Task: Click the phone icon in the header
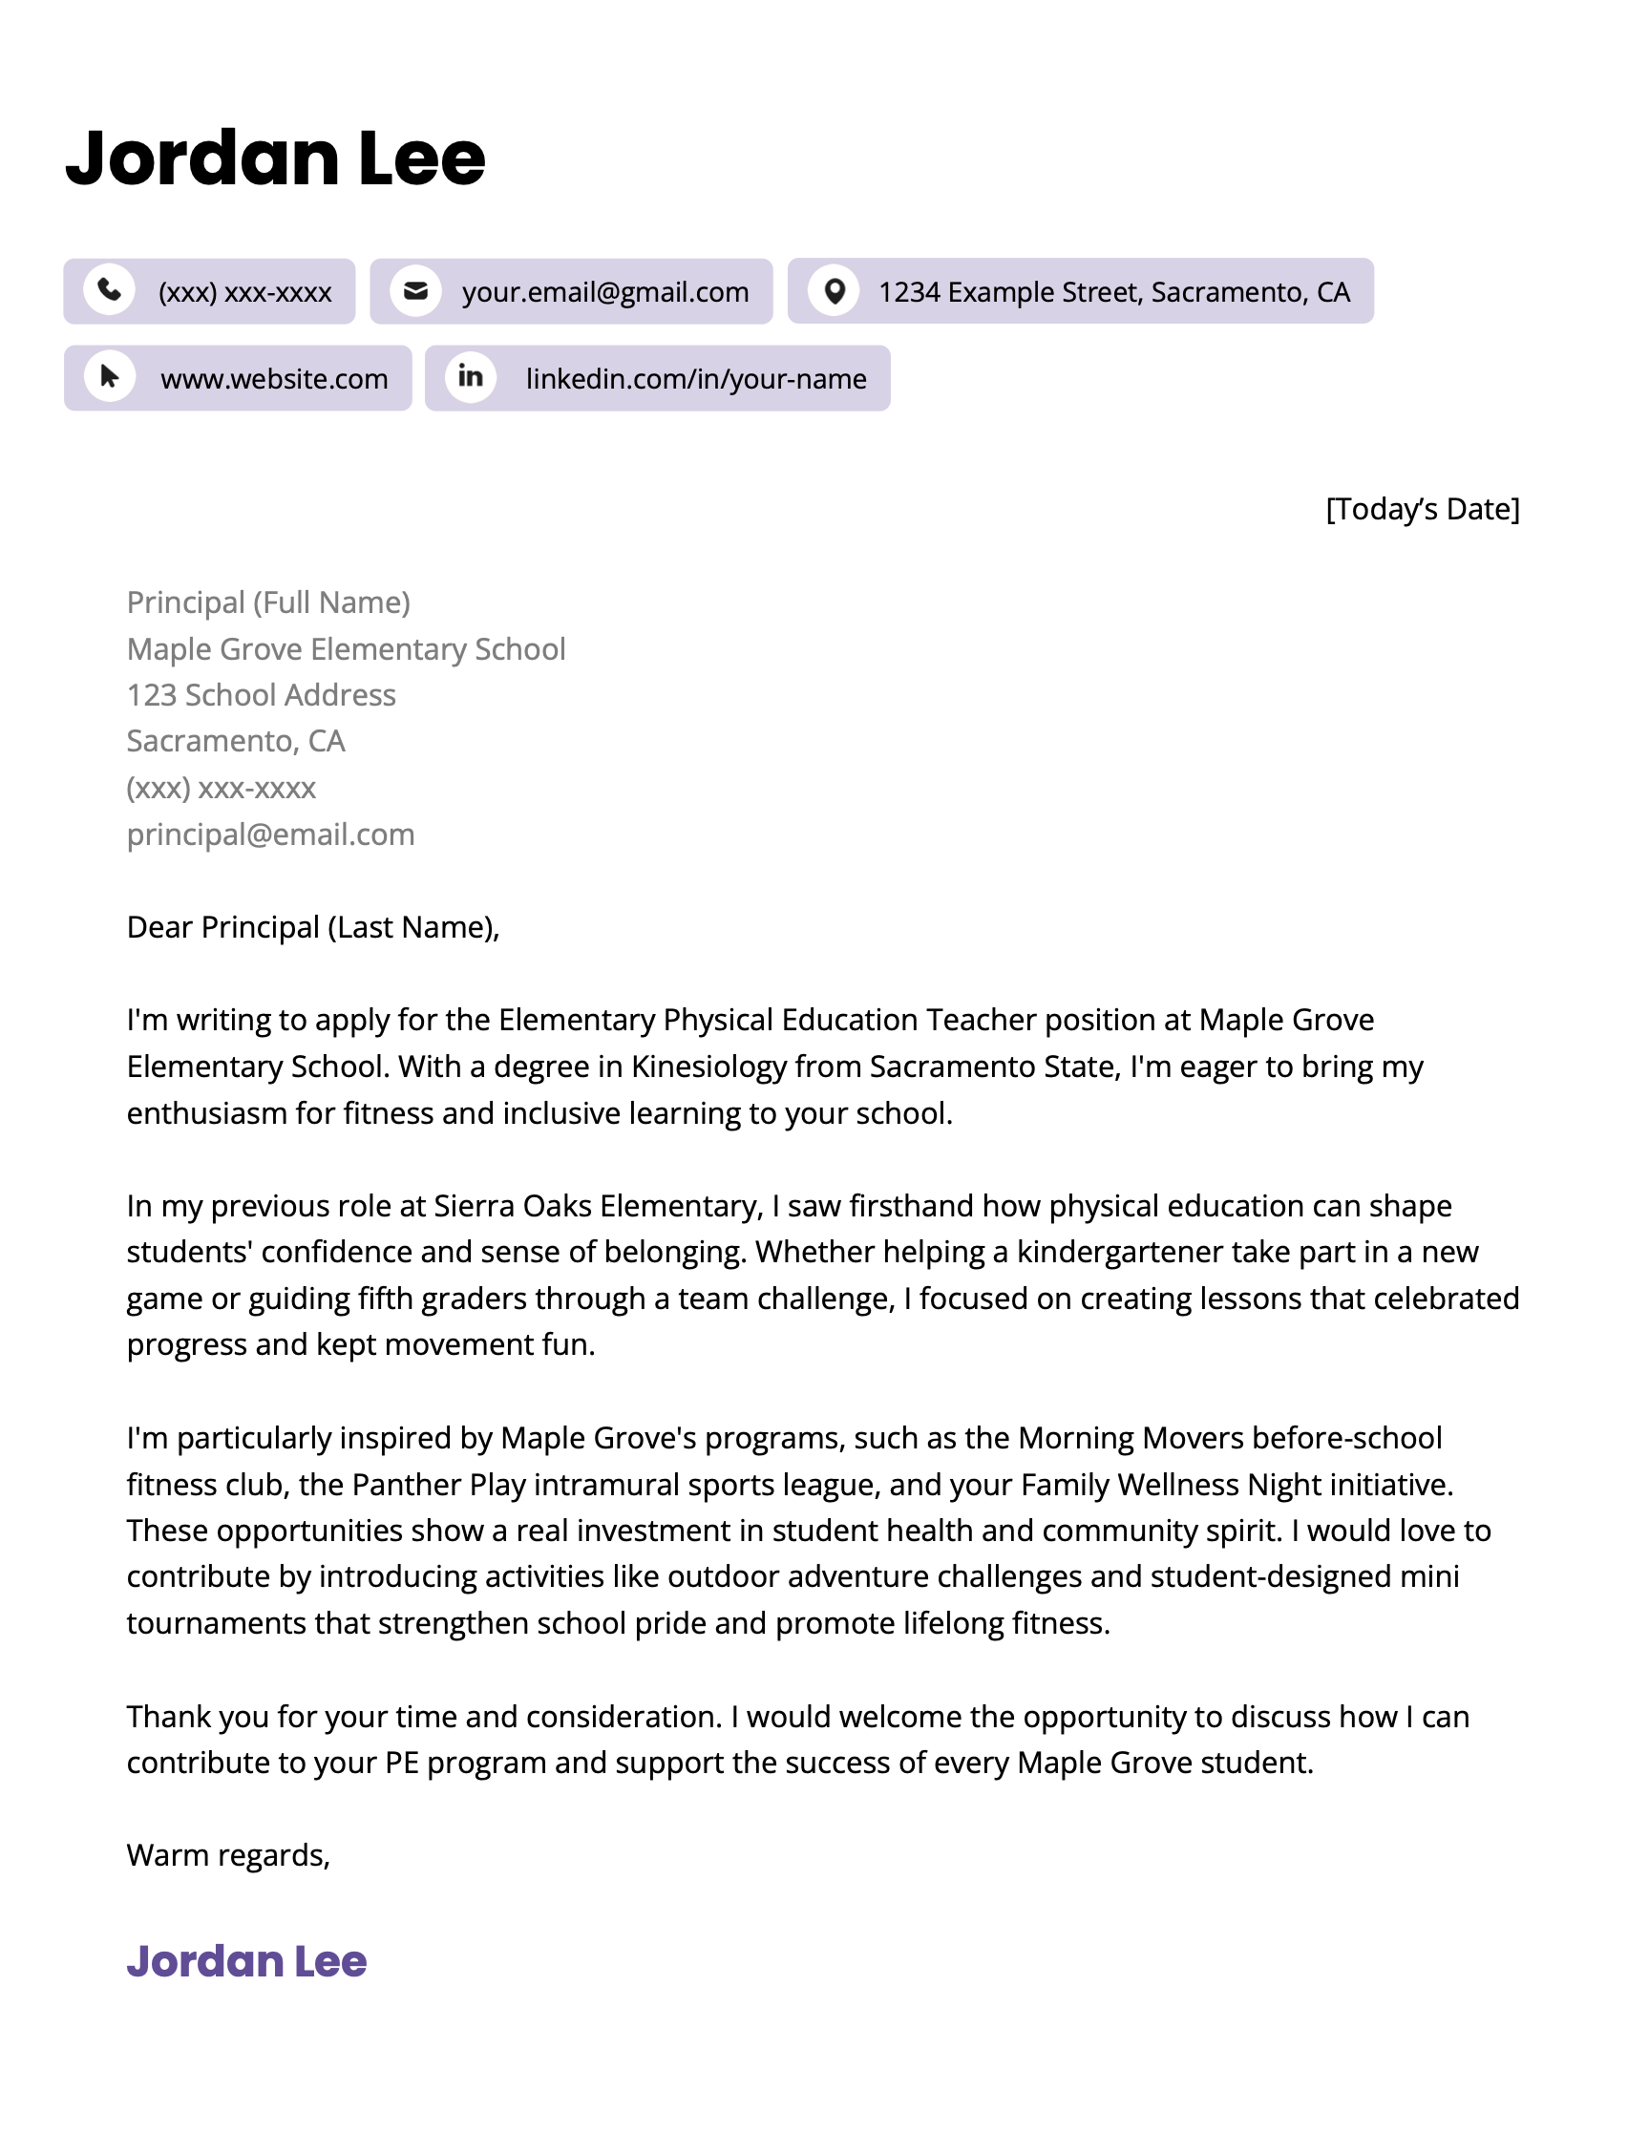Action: coord(110,290)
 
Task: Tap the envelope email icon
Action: coord(415,291)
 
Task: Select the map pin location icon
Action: coord(834,291)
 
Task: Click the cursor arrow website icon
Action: coord(110,377)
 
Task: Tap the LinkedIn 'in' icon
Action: coord(470,377)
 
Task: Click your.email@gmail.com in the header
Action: coord(604,292)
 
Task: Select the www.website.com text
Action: coord(273,379)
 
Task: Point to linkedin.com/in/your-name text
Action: coord(695,379)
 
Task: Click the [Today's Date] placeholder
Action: coord(1422,509)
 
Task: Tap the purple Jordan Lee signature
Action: coord(246,1961)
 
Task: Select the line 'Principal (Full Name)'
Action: coord(267,602)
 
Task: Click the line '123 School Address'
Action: coord(261,695)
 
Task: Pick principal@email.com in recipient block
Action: coord(270,835)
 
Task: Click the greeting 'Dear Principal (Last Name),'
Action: coord(312,927)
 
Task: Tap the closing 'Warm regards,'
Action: coord(227,1854)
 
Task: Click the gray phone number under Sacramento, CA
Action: coord(221,788)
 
